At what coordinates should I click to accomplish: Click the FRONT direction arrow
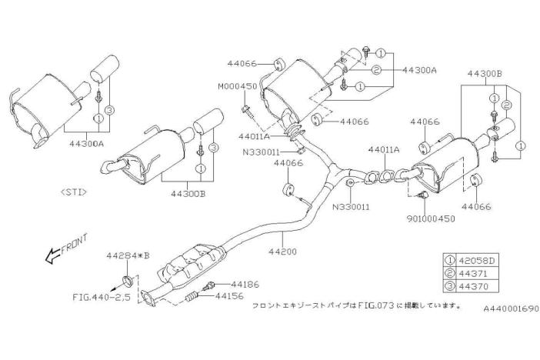pos(52,256)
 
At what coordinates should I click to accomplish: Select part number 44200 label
pos(282,252)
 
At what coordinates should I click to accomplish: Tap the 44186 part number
pos(245,285)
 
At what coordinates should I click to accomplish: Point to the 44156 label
pos(229,296)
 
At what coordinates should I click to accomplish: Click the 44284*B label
pos(128,256)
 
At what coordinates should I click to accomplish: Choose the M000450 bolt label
pos(237,86)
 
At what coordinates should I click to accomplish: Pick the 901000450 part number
pos(431,218)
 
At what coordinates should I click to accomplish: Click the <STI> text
pos(74,192)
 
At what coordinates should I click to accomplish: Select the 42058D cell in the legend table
pos(476,261)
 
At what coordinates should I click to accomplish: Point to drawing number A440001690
pos(511,308)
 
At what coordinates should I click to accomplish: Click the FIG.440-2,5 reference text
pos(102,297)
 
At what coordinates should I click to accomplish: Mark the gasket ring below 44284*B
pos(128,281)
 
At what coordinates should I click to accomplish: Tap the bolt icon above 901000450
pos(423,195)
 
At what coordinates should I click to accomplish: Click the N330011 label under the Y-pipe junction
pos(351,207)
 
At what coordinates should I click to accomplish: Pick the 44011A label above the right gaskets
pos(384,150)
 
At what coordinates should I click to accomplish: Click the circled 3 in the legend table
pos(450,286)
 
